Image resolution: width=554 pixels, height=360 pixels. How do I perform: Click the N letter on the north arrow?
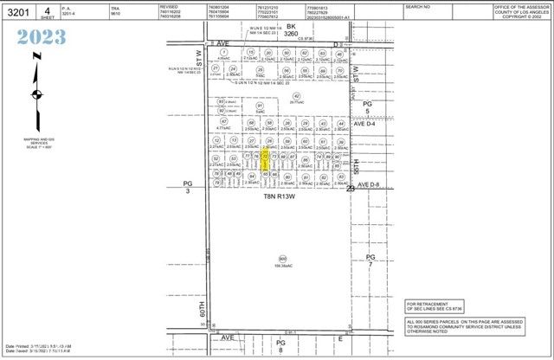(34, 56)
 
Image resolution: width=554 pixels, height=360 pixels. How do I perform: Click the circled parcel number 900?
(282, 259)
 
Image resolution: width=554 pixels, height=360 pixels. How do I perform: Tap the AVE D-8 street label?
(370, 184)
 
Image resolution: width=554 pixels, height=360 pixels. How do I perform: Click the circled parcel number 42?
(296, 96)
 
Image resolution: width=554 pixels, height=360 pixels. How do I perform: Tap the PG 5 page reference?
(366, 107)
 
